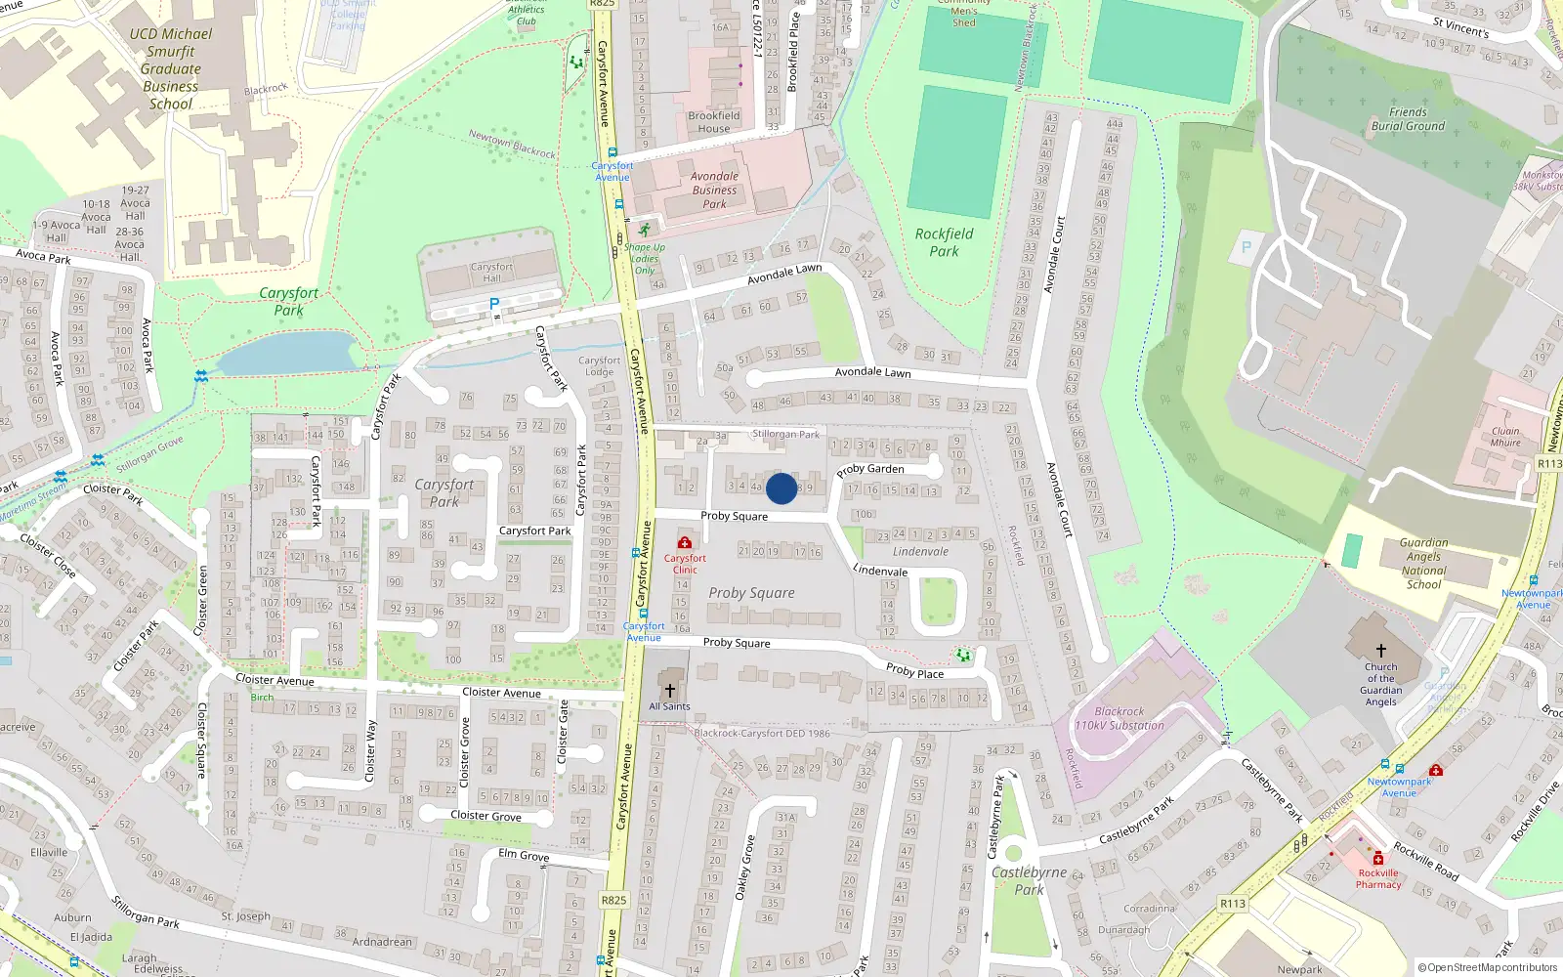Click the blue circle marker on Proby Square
pyautogui.click(x=781, y=488)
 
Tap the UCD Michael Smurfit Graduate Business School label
pyautogui.click(x=170, y=68)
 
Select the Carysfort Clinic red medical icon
pyautogui.click(x=685, y=542)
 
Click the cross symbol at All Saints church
pyautogui.click(x=670, y=690)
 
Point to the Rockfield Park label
pyautogui.click(x=944, y=242)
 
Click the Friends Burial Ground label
pyautogui.click(x=1408, y=119)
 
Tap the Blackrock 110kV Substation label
pyautogui.click(x=1119, y=718)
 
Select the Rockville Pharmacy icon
pyautogui.click(x=1378, y=859)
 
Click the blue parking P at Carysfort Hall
pyautogui.click(x=494, y=305)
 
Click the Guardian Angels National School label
pyautogui.click(x=1423, y=564)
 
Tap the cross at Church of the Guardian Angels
pyautogui.click(x=1381, y=650)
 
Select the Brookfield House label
pyautogui.click(x=713, y=122)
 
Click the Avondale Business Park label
pyautogui.click(x=714, y=190)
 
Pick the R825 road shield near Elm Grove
pyautogui.click(x=613, y=900)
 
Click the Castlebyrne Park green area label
pyautogui.click(x=1029, y=880)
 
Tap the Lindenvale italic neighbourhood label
pyautogui.click(x=920, y=552)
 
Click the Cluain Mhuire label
pyautogui.click(x=1505, y=437)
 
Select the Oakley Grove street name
pyautogui.click(x=743, y=868)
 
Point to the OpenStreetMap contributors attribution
pyautogui.click(x=1487, y=967)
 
